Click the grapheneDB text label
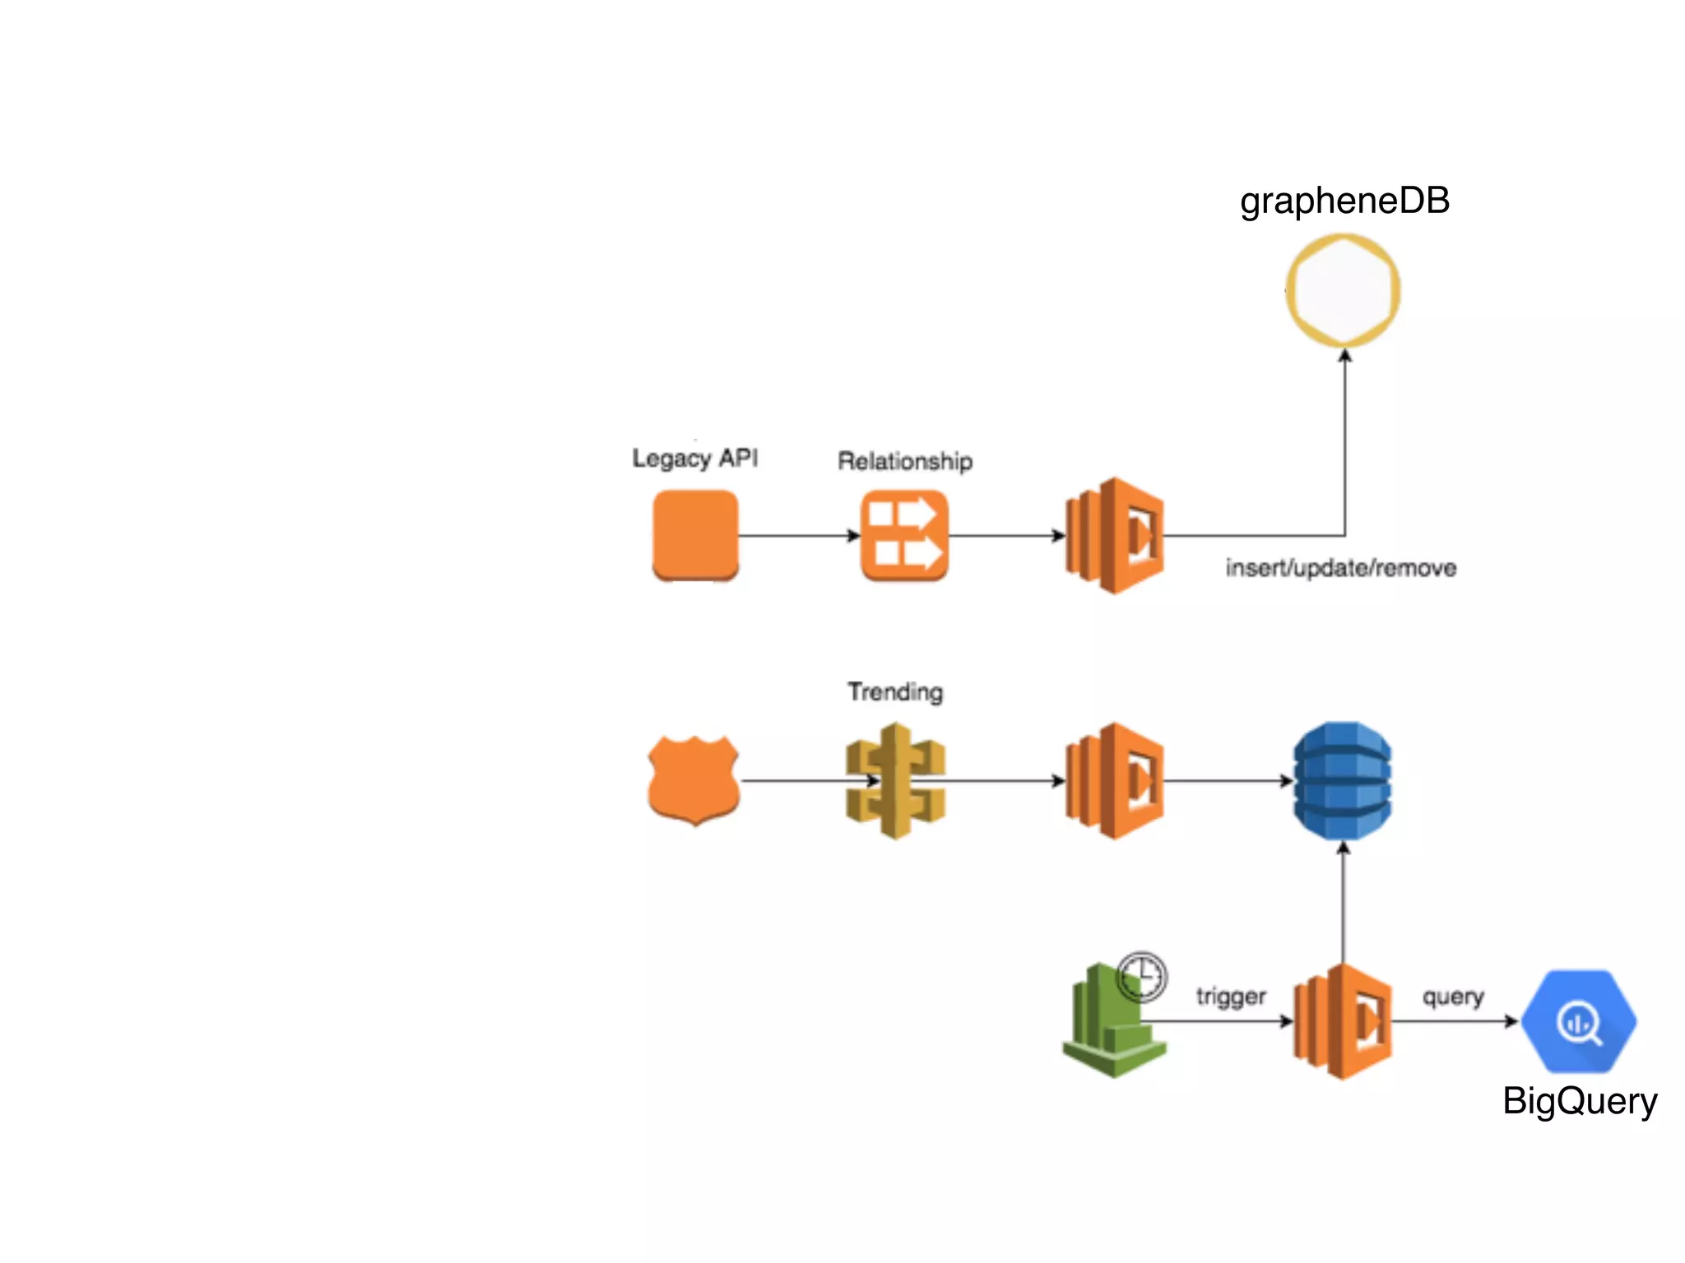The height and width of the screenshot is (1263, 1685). tap(1344, 201)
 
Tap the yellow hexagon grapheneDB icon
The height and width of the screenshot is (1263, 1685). tap(1343, 290)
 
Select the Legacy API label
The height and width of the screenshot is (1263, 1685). tap(694, 458)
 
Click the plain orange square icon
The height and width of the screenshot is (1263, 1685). tap(695, 535)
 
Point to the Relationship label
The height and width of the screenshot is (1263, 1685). tap(904, 461)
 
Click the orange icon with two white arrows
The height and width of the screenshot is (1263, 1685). tap(904, 535)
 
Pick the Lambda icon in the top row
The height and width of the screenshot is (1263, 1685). tap(1114, 535)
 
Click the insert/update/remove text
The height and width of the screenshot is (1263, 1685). tap(1340, 568)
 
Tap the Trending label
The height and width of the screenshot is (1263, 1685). tap(895, 692)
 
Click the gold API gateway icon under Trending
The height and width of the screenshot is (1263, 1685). tap(895, 780)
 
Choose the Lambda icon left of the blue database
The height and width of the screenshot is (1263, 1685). tap(1114, 780)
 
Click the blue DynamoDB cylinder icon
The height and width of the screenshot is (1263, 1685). tap(1342, 780)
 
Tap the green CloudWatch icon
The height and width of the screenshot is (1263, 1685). tap(1110, 1028)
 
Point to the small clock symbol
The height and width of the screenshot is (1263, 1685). tap(1142, 977)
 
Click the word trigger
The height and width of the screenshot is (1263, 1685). tap(1230, 997)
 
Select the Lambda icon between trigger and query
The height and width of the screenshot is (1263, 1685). tap(1343, 1021)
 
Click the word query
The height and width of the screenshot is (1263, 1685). tap(1453, 997)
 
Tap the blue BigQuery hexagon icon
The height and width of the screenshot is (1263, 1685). tap(1578, 1021)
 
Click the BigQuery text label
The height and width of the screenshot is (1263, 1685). tap(1579, 1101)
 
